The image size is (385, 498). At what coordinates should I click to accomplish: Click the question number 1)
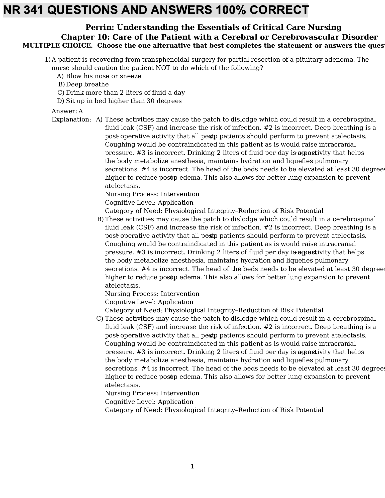(x=47, y=60)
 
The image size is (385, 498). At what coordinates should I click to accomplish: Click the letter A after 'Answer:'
(x=80, y=111)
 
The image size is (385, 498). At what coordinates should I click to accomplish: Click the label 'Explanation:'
(x=71, y=119)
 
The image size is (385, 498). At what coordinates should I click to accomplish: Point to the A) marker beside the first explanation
(x=99, y=119)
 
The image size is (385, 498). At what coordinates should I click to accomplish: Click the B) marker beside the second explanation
(x=100, y=219)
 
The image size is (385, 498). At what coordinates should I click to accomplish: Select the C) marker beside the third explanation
(x=100, y=319)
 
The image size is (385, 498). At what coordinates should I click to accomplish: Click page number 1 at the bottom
(x=192, y=466)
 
